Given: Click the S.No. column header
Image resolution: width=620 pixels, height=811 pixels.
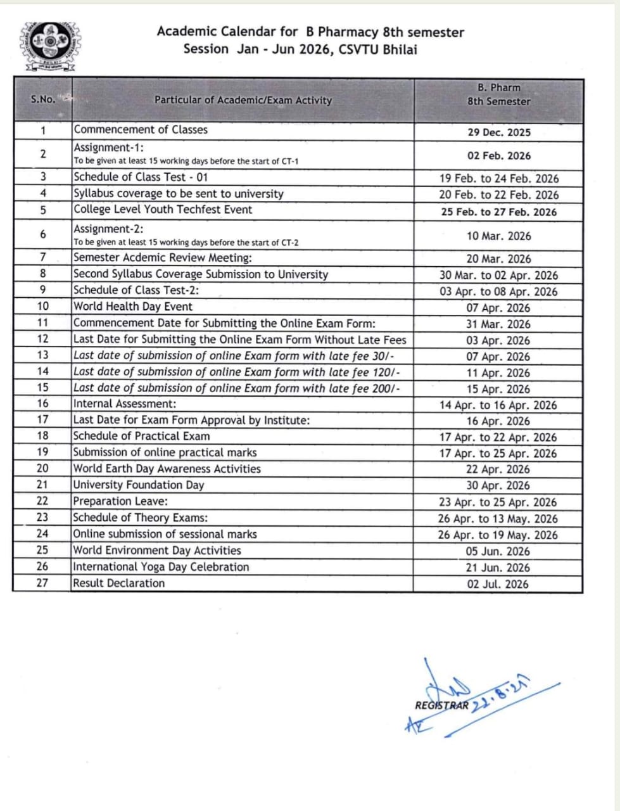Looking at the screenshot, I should (43, 99).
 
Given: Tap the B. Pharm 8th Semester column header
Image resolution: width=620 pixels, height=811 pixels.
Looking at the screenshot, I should (498, 94).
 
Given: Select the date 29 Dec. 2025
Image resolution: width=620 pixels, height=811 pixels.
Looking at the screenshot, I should (499, 132).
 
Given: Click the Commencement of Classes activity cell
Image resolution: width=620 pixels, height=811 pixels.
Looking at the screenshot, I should (141, 130).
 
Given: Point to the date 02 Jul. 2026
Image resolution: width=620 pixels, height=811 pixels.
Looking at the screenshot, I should (498, 584).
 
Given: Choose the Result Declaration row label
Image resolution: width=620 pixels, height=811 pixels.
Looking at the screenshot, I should (119, 584).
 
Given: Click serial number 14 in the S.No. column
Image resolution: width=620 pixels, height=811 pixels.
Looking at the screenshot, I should (42, 372).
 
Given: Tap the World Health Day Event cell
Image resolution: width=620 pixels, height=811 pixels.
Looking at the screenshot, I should (133, 307).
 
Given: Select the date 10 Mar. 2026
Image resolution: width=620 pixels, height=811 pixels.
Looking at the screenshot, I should (499, 236).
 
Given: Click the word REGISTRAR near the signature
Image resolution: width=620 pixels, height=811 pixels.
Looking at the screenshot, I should (442, 705).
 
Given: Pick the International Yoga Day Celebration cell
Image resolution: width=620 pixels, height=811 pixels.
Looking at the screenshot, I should (161, 567).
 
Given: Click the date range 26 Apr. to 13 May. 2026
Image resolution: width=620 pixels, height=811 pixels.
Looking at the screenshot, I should (498, 519).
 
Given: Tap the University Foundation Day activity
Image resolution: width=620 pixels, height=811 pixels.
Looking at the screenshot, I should (139, 485).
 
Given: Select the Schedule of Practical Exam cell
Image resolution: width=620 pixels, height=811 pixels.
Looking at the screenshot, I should (142, 436).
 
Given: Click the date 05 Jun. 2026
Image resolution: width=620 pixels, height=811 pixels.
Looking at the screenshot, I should (498, 551).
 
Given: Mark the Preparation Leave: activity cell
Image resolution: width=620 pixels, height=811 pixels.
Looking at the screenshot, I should (121, 502).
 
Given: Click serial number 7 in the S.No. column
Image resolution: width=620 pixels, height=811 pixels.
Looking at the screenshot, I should (42, 258).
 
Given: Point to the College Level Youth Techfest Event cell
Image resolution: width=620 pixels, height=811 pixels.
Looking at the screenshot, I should (163, 210).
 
